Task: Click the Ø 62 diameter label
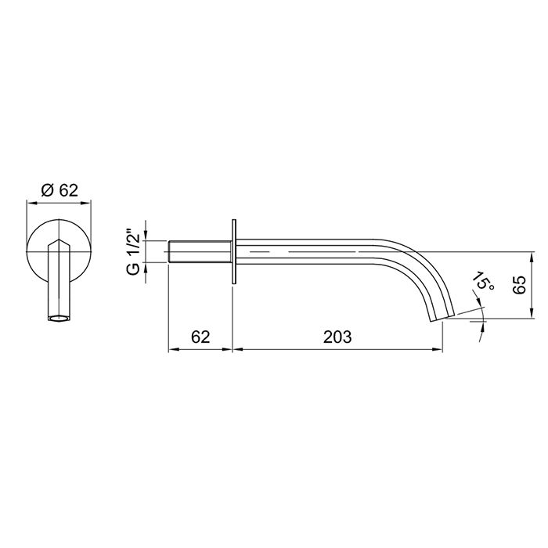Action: (x=60, y=189)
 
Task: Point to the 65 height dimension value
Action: (x=517, y=284)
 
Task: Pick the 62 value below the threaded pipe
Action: (x=201, y=337)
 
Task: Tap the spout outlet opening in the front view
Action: (x=59, y=319)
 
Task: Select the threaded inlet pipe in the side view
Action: (x=200, y=253)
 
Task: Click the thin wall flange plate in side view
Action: (x=233, y=252)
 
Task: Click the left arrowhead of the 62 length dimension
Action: (x=174, y=349)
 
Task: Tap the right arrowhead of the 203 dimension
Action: (x=438, y=349)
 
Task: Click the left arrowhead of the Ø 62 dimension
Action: (x=32, y=202)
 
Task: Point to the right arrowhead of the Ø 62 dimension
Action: (x=87, y=202)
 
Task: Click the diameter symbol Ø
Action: (x=46, y=189)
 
